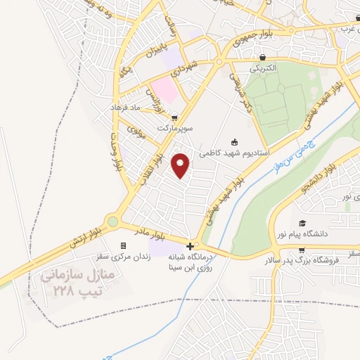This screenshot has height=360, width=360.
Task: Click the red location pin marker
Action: coord(181,165)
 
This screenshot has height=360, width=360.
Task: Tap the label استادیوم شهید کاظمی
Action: coord(224,152)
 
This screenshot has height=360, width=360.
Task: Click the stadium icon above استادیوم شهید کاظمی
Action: coord(234,141)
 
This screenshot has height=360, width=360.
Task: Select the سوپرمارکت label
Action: coord(174,129)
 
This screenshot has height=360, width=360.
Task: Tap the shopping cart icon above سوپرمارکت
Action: coord(174,118)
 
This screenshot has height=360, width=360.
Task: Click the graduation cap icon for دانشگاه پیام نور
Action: coord(302,223)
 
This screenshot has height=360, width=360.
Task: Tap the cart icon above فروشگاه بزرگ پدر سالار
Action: coord(302,250)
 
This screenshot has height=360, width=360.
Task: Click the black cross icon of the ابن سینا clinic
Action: coord(190,246)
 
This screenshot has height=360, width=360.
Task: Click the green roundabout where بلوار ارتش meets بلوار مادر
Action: coord(113,221)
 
